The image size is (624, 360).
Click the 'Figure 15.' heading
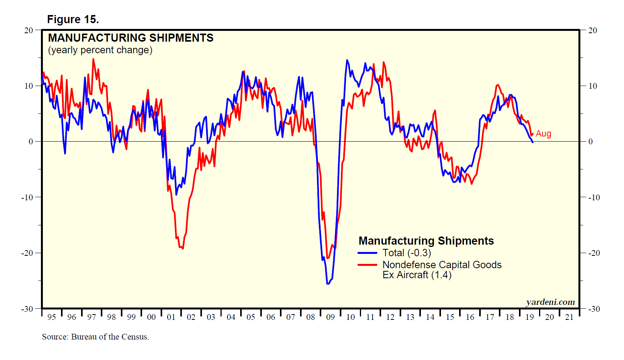click(x=73, y=19)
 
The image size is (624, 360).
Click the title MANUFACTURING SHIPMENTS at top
click(x=131, y=38)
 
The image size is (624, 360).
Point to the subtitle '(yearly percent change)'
click(x=100, y=50)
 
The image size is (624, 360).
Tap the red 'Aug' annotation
click(x=543, y=134)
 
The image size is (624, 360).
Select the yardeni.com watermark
click(x=550, y=302)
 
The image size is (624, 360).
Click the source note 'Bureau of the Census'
click(x=95, y=337)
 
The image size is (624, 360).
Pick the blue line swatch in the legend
click(x=367, y=253)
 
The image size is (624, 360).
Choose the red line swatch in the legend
click(x=367, y=265)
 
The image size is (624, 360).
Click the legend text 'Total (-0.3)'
click(x=407, y=253)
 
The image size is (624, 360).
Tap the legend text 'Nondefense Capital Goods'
click(x=442, y=265)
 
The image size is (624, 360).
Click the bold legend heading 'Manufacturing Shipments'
click(x=426, y=241)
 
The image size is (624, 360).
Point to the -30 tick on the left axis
click(x=27, y=309)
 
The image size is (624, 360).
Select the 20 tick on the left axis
click(x=29, y=30)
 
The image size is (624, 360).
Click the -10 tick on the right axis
click(x=594, y=197)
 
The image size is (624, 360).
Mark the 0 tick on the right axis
click(x=590, y=142)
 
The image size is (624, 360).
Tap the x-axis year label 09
click(x=331, y=317)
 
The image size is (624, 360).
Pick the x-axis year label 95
click(x=51, y=317)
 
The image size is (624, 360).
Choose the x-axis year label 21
click(x=569, y=317)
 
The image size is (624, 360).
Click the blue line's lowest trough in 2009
click(x=328, y=284)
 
